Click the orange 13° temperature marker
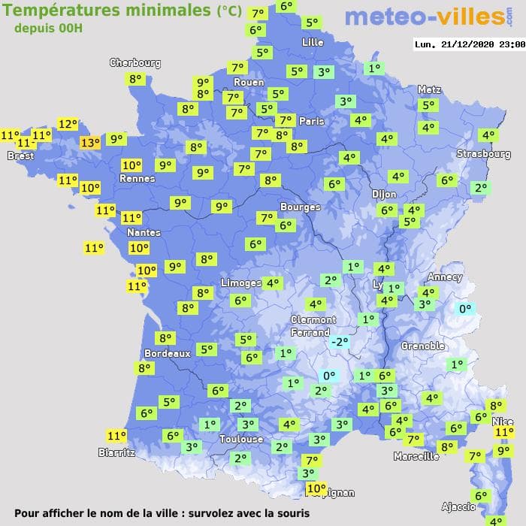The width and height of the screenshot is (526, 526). (x=89, y=143)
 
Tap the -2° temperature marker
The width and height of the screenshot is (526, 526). (x=340, y=342)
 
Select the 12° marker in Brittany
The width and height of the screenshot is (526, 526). (x=68, y=124)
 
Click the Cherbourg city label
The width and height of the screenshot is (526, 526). (x=135, y=63)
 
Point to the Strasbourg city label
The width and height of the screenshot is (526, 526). (x=484, y=154)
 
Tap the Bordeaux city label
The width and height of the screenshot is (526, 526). (x=166, y=353)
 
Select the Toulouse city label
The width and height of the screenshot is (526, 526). (x=241, y=439)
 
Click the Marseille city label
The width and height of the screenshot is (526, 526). (x=416, y=456)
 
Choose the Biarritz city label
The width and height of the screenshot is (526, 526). (x=116, y=452)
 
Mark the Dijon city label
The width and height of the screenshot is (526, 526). (x=384, y=194)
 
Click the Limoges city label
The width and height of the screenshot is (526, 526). (x=241, y=283)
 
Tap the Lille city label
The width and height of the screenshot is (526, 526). (x=313, y=42)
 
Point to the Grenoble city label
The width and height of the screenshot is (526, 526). (x=422, y=346)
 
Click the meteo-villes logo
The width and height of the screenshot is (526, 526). (x=425, y=17)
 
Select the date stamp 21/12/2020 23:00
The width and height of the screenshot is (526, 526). (x=470, y=44)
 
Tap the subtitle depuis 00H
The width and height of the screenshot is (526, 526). (x=48, y=28)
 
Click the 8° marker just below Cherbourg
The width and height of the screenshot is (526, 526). (x=135, y=79)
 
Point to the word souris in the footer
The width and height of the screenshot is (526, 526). (x=290, y=514)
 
